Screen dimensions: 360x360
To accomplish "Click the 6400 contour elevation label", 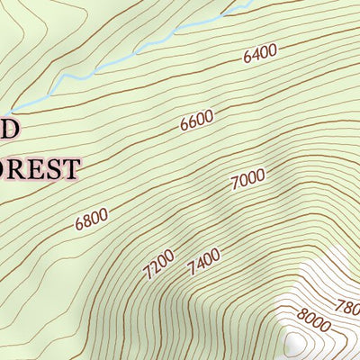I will (x=259, y=54).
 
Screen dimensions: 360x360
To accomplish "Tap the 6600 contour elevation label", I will (x=196, y=121).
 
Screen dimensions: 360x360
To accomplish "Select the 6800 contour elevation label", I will (x=92, y=219).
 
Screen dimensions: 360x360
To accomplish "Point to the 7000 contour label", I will (x=247, y=179).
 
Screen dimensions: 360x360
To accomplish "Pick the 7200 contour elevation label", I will (x=158, y=262).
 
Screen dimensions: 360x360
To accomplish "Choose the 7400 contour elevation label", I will (x=203, y=264).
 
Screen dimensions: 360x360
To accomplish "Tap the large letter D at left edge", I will (x=8, y=128).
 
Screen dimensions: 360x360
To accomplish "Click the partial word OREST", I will (x=40, y=167).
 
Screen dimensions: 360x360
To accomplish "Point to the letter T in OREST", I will (x=72, y=167).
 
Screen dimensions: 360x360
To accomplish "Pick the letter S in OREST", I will (x=56, y=167).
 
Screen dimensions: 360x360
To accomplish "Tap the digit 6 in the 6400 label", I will (x=247, y=58).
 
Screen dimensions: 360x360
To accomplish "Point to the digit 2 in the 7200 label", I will (x=153, y=266).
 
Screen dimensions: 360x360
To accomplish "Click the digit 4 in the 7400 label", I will (x=199, y=265).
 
